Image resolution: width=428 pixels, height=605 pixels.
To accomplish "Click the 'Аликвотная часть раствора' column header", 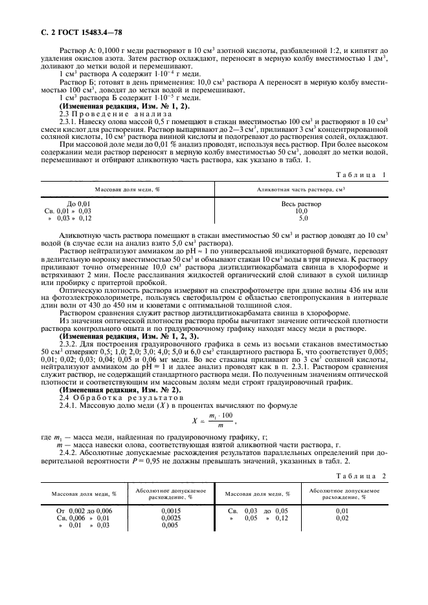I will pyautogui.click(x=300, y=189).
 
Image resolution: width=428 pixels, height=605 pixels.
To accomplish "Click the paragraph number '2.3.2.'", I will pyautogui.click(x=69, y=343).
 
